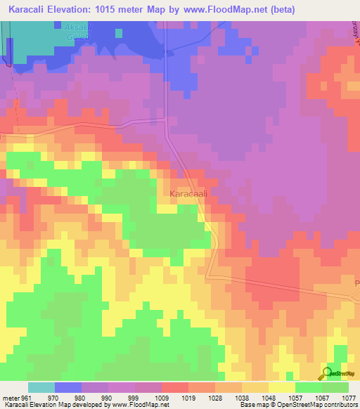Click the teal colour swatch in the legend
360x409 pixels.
click(41, 387)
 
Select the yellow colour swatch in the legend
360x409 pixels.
click(281, 387)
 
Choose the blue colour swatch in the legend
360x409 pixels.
click(68, 387)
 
